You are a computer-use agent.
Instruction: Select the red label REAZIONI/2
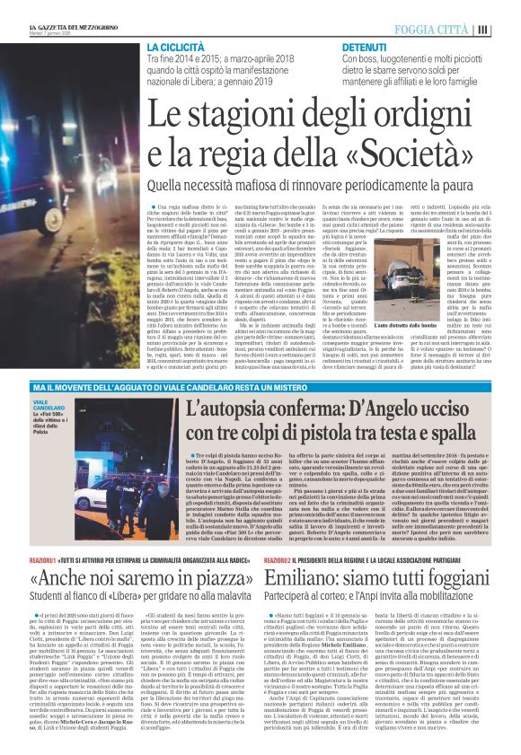[x=305, y=535]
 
